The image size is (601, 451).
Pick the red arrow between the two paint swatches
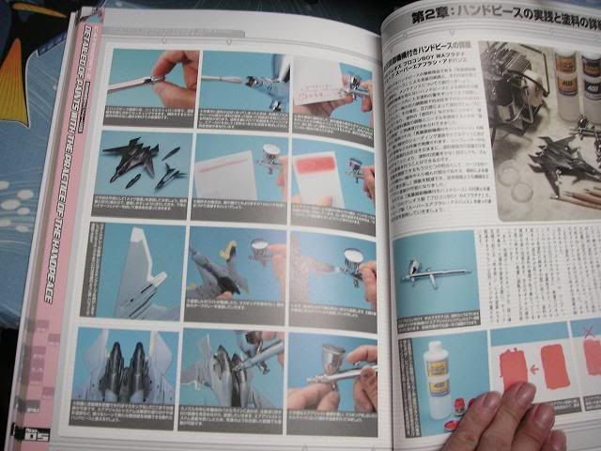536,367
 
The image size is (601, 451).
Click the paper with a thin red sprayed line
225,173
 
